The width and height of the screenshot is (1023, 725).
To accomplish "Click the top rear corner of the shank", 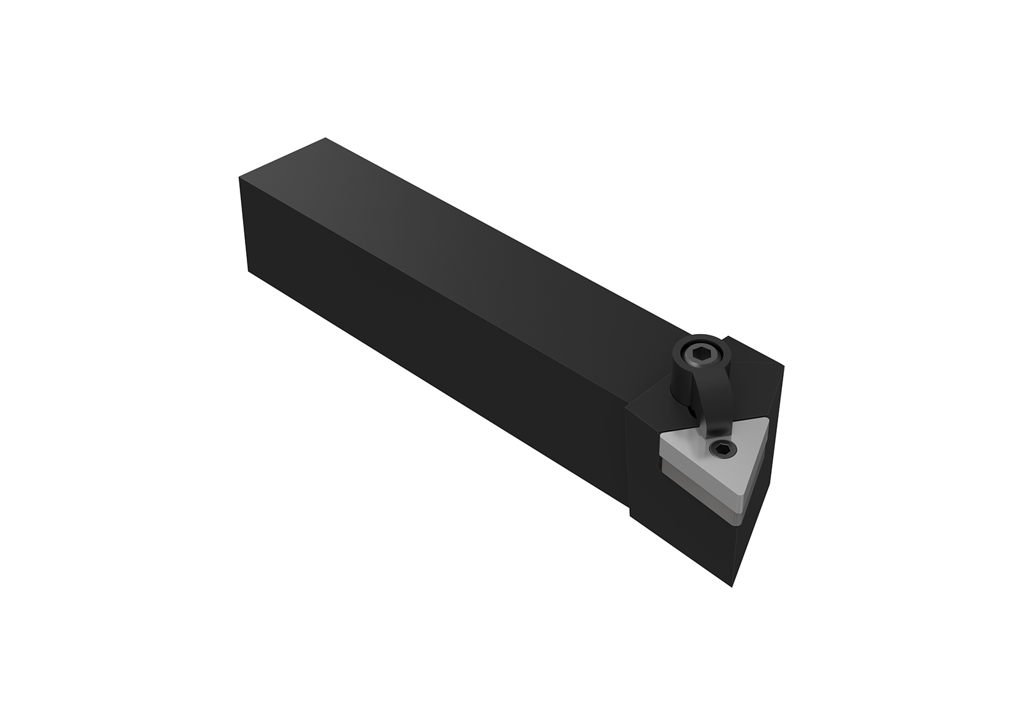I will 326,138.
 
